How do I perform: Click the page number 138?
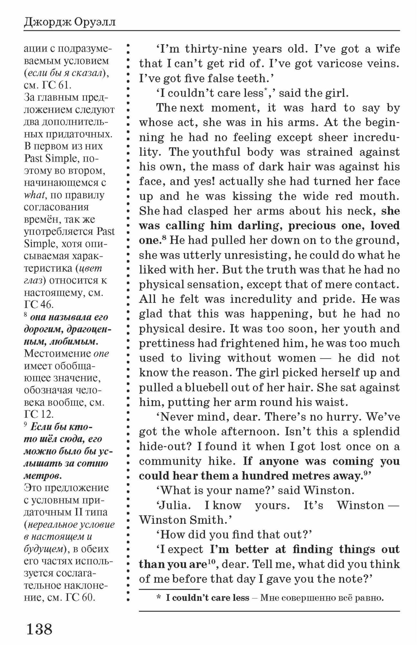(x=39, y=628)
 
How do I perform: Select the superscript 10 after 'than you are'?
(x=211, y=562)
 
